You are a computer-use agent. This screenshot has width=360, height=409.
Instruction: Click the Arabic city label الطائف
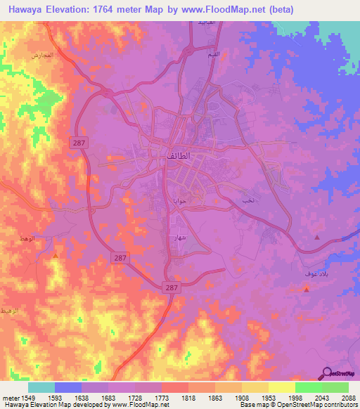tap(179, 155)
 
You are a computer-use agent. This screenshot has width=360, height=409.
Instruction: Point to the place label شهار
tap(179, 238)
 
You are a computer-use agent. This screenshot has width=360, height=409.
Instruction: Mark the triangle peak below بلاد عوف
tap(307, 290)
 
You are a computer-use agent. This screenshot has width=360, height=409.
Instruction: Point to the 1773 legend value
tap(161, 398)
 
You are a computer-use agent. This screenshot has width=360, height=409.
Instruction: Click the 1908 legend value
tap(241, 398)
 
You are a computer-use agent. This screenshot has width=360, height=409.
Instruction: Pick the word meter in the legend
tap(10, 398)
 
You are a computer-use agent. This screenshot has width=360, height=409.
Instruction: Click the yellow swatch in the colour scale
tap(281, 387)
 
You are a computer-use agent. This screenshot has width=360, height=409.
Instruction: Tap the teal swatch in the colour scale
tap(41, 387)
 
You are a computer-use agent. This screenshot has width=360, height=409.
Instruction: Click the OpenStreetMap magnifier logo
tap(327, 374)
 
